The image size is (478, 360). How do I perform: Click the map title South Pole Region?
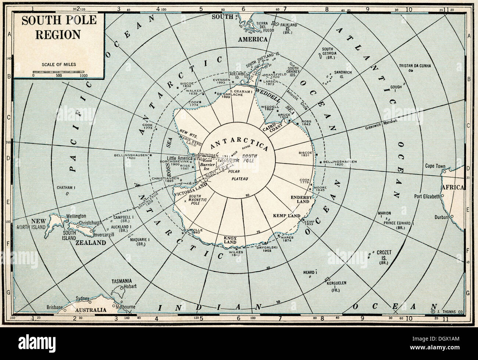point(59,27)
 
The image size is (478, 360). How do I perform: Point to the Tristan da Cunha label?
point(415,66)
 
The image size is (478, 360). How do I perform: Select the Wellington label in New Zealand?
point(76,216)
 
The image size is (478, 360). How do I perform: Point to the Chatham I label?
point(66,188)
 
